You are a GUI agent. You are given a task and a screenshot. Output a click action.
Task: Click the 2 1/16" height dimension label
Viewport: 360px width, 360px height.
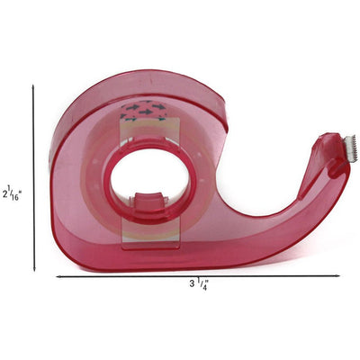point(11,193)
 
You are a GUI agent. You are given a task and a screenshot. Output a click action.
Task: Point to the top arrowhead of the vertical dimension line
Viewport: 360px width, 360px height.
point(33,87)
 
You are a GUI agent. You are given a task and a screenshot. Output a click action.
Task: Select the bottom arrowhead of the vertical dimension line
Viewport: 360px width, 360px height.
point(34,268)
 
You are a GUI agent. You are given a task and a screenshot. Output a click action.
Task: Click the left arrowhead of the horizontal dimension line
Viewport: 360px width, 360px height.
point(59,277)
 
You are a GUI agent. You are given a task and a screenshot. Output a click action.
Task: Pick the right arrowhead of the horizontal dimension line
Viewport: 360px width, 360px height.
point(337,275)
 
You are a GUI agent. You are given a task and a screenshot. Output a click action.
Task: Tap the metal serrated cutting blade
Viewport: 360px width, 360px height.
point(350,149)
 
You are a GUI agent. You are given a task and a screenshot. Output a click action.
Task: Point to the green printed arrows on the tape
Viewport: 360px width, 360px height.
point(144,111)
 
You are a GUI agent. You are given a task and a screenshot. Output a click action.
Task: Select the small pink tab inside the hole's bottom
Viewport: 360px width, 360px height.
point(149,202)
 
